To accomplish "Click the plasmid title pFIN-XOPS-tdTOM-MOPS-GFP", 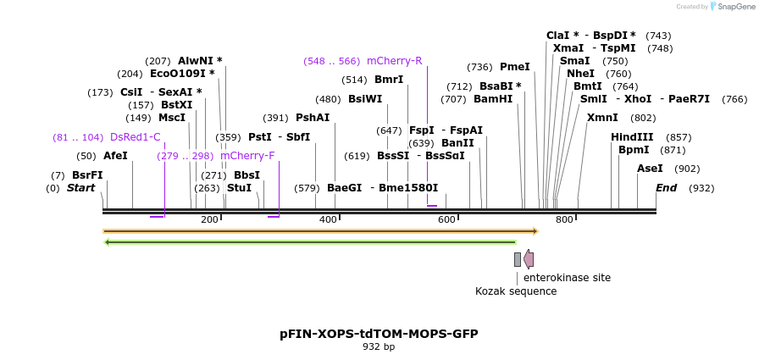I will click(379, 334).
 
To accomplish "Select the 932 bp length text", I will click(379, 347).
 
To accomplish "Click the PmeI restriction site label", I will click(514, 67).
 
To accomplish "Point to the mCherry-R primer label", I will click(394, 61).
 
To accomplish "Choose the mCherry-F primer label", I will click(247, 156).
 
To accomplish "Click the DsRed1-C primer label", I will click(135, 137).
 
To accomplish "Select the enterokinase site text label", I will click(567, 278).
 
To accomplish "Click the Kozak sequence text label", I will click(516, 291).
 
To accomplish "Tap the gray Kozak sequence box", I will click(518, 259).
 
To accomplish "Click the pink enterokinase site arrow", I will click(529, 259).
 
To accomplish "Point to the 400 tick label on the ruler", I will click(328, 220).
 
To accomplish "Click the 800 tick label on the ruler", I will click(564, 220).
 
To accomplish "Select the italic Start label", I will click(80, 188).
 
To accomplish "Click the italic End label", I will click(666, 188).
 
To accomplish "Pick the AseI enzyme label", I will click(650, 169).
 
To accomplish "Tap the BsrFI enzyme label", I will click(87, 175).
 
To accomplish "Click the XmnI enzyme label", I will click(602, 118).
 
